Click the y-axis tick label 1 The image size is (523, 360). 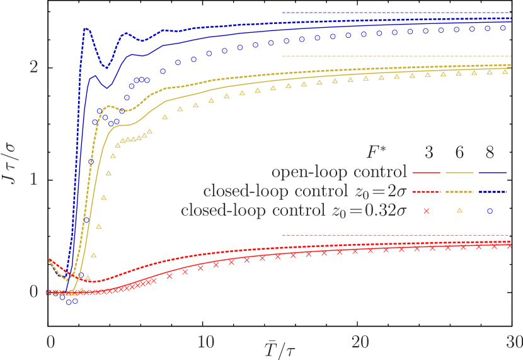point(35,179)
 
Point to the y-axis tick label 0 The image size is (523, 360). point(35,292)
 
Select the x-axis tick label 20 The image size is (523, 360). point(360,341)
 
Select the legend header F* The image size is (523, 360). point(378,152)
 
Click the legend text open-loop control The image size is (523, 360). point(339,171)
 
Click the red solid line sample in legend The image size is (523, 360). point(426,172)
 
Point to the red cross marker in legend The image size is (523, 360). point(426,211)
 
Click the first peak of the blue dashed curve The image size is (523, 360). point(85,28)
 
